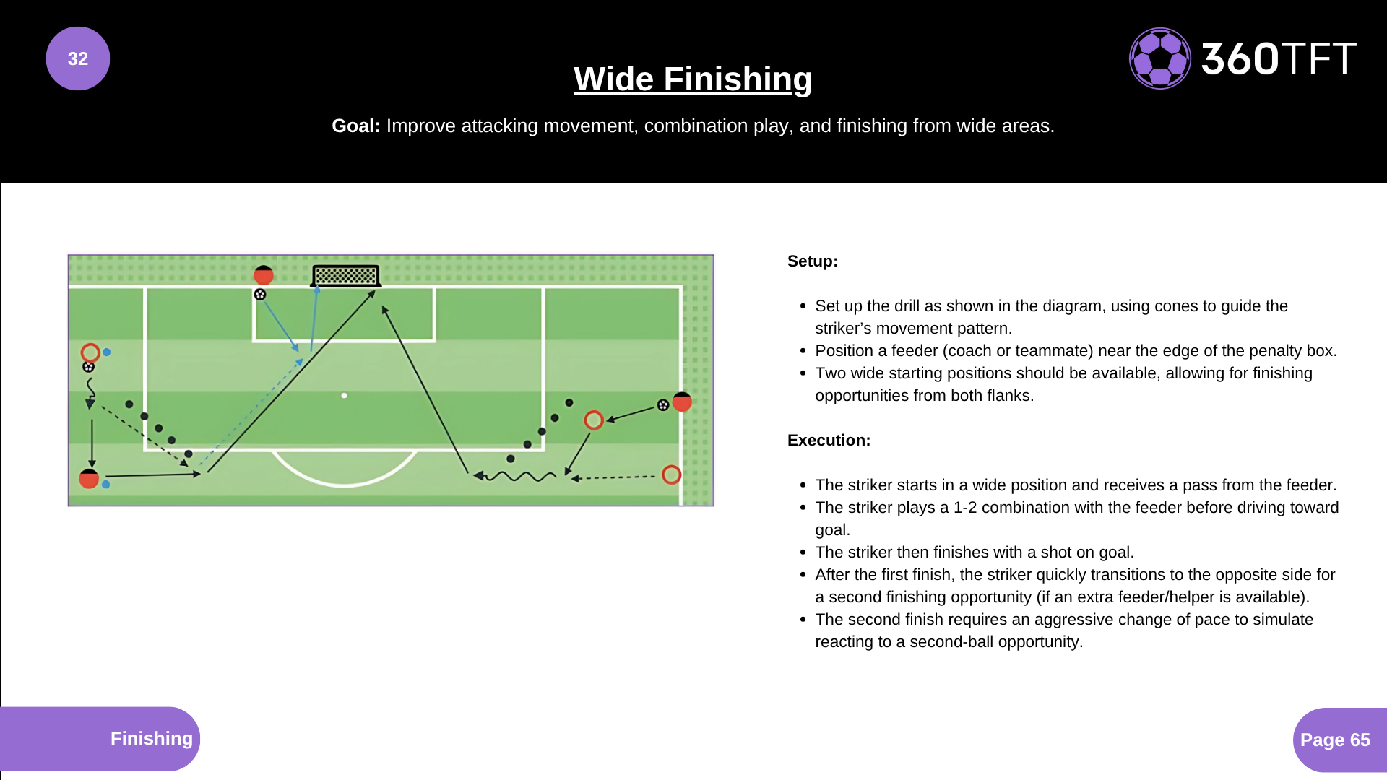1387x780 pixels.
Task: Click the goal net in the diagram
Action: tap(346, 275)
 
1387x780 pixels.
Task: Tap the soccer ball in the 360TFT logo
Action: tap(1159, 58)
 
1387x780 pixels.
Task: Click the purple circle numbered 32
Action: tap(78, 58)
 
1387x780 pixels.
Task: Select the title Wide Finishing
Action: tap(693, 79)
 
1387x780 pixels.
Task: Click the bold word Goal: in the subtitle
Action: tap(355, 126)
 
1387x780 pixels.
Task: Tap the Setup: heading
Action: tap(812, 261)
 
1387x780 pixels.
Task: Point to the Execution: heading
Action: tap(829, 441)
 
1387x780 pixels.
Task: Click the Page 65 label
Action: tap(1335, 740)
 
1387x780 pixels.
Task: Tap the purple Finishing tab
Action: tap(151, 738)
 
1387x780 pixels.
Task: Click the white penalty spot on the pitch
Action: tap(345, 396)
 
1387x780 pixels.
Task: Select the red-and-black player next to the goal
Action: tap(264, 274)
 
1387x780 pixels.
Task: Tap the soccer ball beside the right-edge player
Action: tap(663, 405)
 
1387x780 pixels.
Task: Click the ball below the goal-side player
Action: tap(260, 295)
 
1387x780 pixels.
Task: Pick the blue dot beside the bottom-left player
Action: tap(106, 485)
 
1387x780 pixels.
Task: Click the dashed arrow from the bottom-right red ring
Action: tap(614, 477)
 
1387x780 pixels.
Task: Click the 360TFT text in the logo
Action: tap(1279, 58)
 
